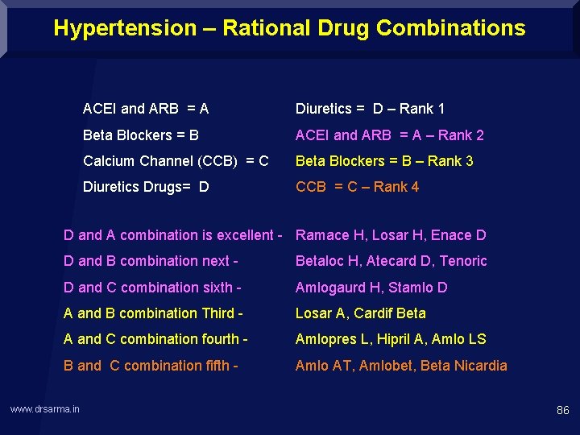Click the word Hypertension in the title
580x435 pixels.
tap(125, 28)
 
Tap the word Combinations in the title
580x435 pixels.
tap(450, 28)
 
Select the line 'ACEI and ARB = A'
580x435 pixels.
tap(146, 109)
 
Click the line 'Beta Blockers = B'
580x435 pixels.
tap(141, 135)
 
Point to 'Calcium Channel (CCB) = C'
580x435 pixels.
tap(176, 160)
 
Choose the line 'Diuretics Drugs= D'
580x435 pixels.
tap(146, 187)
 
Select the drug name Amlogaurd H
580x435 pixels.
tap(342, 288)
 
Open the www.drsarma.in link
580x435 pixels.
tap(45, 410)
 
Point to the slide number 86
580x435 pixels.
tap(562, 411)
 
